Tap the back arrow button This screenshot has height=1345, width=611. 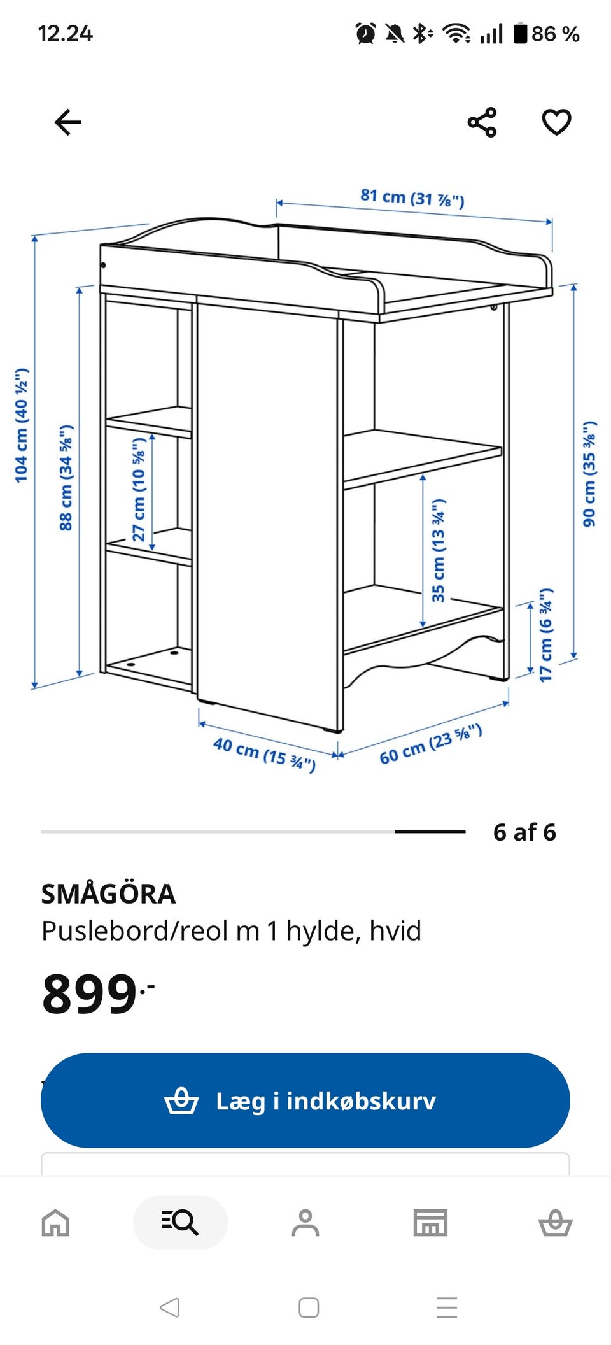tap(68, 122)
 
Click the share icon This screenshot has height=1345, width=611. tap(482, 122)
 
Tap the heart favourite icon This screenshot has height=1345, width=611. tap(556, 122)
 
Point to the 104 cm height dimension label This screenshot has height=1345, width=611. tap(22, 425)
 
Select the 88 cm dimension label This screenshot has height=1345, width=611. tap(66, 478)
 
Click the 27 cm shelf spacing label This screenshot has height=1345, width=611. tap(139, 488)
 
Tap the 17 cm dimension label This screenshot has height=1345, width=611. tap(546, 634)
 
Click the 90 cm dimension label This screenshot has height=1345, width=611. tap(589, 474)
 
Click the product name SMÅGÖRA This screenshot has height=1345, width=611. tap(108, 894)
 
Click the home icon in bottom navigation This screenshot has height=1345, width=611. tap(55, 1223)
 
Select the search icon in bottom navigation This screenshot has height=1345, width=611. tap(180, 1223)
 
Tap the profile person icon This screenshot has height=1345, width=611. tap(305, 1223)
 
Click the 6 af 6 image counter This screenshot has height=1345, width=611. tap(524, 832)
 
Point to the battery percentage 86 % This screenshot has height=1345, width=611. tap(555, 34)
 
